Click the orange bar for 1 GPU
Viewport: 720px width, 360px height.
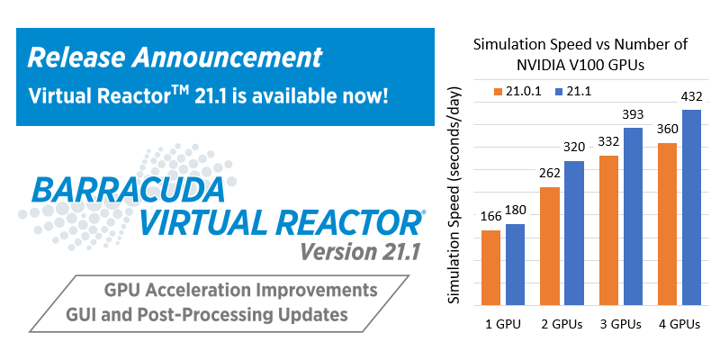(x=490, y=267)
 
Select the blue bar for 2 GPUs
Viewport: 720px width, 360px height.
(x=574, y=233)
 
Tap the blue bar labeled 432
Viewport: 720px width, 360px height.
(x=691, y=207)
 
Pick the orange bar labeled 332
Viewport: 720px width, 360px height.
(x=608, y=230)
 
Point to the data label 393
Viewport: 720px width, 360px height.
(x=633, y=115)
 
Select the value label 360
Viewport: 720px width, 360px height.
(x=667, y=129)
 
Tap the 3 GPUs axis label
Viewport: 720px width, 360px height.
(x=620, y=324)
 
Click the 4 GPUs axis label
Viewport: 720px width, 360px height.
(x=679, y=324)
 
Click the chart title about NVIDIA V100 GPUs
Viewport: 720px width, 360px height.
(x=580, y=55)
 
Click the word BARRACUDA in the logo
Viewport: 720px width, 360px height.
(x=129, y=190)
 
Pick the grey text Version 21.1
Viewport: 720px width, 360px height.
(x=361, y=251)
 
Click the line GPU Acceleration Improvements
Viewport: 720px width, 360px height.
(x=241, y=291)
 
